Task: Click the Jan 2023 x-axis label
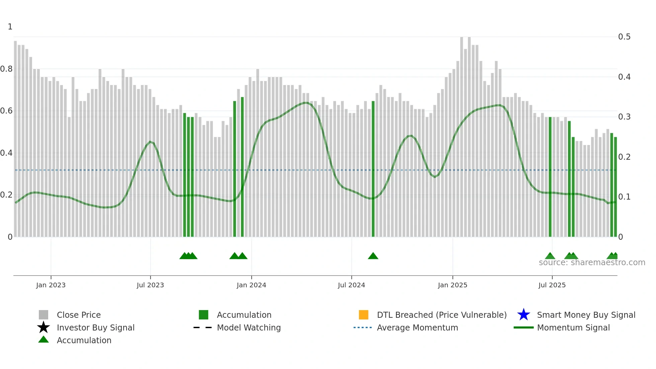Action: click(x=51, y=285)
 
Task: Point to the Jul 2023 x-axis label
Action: click(x=150, y=285)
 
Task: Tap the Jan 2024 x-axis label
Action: click(x=251, y=285)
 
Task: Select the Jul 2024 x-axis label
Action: click(x=351, y=285)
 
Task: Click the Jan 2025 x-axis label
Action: click(x=453, y=285)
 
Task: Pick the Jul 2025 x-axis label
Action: click(x=552, y=285)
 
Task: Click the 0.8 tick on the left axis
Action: click(x=6, y=69)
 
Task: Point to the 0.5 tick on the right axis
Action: click(x=624, y=37)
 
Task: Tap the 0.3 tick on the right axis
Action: click(x=624, y=117)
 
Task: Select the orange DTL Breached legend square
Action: click(x=363, y=315)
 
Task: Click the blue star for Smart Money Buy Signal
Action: click(x=523, y=315)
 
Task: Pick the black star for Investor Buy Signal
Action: click(x=44, y=327)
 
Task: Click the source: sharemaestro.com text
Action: click(x=592, y=263)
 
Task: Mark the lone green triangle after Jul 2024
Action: click(x=373, y=256)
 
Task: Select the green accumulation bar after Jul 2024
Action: click(x=373, y=167)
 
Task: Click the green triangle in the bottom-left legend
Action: click(x=44, y=340)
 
